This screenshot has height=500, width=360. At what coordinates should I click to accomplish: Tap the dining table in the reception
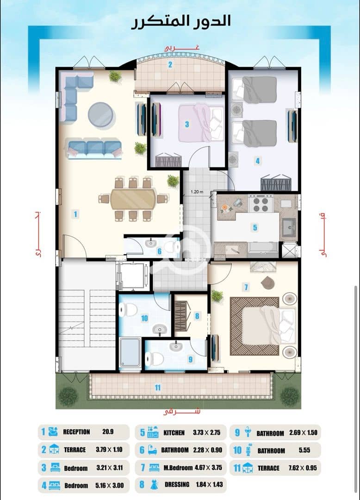(x=133, y=199)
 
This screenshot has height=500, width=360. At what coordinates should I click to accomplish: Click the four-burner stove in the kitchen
(x=261, y=205)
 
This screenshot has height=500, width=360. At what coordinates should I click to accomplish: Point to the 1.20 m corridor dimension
(x=197, y=192)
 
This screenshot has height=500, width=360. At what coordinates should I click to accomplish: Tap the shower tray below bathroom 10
(x=130, y=353)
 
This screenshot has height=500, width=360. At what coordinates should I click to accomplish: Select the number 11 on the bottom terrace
(x=157, y=387)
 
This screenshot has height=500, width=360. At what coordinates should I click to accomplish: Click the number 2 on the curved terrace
(x=170, y=65)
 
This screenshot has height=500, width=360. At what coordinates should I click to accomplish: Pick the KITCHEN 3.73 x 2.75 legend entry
(x=180, y=433)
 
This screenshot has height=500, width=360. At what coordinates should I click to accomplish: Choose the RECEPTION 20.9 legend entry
(x=84, y=432)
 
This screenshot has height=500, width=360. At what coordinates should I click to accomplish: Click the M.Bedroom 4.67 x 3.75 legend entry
(x=180, y=468)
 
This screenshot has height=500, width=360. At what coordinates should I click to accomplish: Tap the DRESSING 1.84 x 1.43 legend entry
(x=180, y=485)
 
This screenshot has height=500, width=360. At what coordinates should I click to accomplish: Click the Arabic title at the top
(x=181, y=22)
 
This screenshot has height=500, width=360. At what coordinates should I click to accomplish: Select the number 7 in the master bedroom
(x=246, y=287)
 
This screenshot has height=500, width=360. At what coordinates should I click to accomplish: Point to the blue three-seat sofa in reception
(x=94, y=149)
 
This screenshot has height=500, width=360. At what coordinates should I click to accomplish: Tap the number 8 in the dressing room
(x=197, y=316)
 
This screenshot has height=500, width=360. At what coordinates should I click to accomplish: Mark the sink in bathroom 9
(x=175, y=346)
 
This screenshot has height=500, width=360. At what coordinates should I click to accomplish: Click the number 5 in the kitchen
(x=255, y=228)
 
